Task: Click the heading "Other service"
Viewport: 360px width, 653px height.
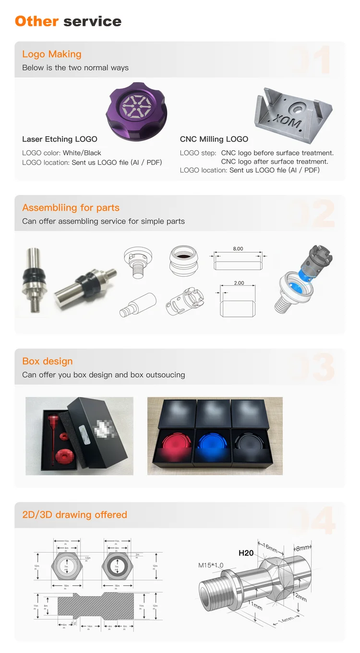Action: click(x=68, y=21)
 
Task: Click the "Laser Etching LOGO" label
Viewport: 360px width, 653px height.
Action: click(x=60, y=139)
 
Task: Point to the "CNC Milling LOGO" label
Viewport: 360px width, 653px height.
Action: click(x=214, y=139)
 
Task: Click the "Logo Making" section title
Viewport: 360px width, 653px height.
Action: click(x=52, y=54)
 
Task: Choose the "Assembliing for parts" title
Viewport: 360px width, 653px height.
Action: click(x=71, y=208)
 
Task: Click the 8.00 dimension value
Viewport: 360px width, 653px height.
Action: click(x=238, y=249)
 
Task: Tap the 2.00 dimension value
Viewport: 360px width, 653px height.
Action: click(x=239, y=283)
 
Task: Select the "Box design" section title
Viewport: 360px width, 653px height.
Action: click(x=48, y=361)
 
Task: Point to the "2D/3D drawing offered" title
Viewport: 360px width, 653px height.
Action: click(x=74, y=515)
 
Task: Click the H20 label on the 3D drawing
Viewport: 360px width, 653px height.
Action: click(x=246, y=553)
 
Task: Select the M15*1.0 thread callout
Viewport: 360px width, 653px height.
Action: click(x=211, y=565)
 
